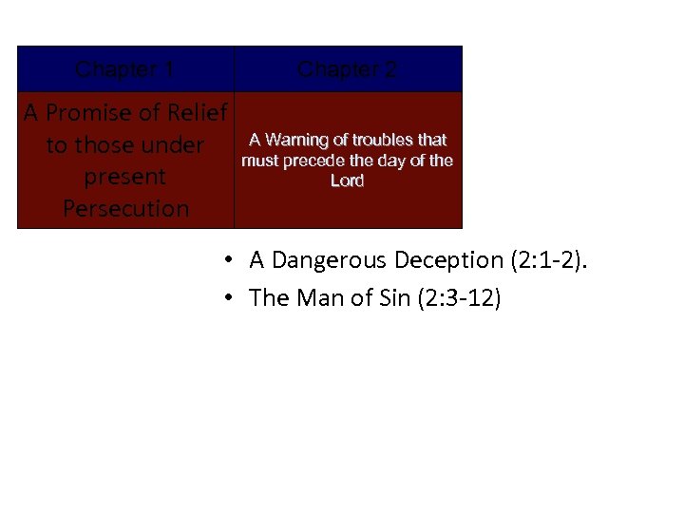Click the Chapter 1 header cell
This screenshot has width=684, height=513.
click(124, 69)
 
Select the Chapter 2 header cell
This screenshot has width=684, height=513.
click(348, 69)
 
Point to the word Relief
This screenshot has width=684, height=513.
click(197, 113)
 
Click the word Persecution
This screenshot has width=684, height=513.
click(125, 208)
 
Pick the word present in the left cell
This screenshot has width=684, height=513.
click(125, 177)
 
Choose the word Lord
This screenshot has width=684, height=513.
click(347, 180)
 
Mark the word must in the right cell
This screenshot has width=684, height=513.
click(259, 161)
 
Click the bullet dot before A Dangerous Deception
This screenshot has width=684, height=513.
click(230, 260)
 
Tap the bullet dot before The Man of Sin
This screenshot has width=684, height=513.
click(230, 298)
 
